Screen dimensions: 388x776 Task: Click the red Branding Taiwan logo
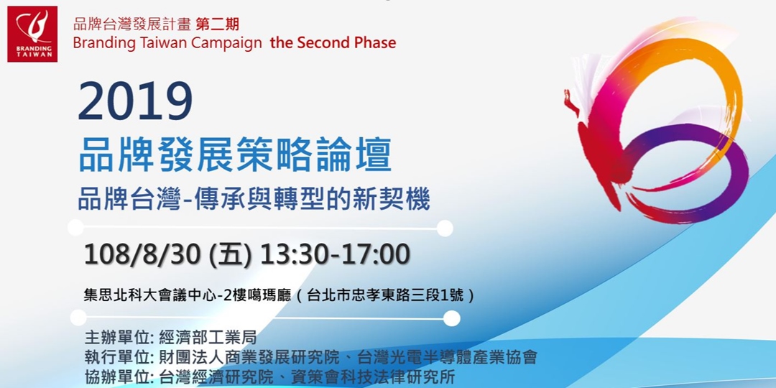point(32,34)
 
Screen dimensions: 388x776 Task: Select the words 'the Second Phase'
point(333,42)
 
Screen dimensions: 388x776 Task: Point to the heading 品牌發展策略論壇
point(235,154)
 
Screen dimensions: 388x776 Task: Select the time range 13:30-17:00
point(335,254)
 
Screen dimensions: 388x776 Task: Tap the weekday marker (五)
point(229,254)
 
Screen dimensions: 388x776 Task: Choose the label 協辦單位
point(115,377)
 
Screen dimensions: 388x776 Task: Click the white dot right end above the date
point(445,228)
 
